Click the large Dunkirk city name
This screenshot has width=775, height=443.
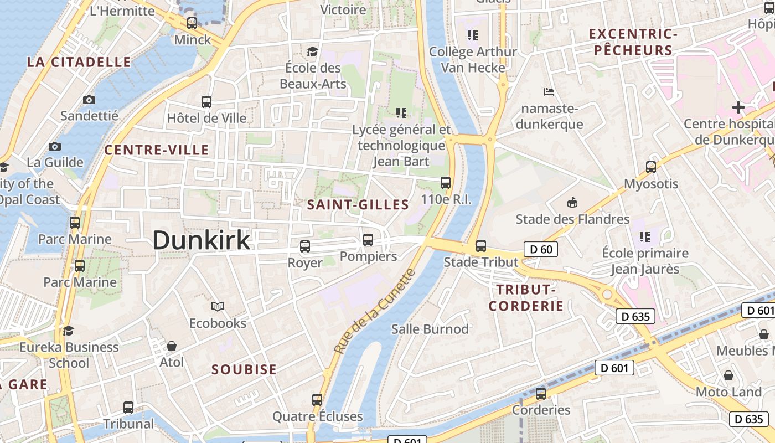click(201, 240)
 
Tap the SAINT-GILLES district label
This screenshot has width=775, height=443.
click(358, 205)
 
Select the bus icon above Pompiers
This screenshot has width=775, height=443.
click(368, 240)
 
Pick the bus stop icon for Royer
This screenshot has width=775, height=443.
click(305, 246)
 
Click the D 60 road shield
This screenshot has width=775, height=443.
click(541, 249)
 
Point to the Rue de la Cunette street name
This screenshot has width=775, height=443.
click(375, 311)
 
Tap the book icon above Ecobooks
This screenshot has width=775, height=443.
click(218, 306)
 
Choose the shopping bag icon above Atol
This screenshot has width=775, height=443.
click(172, 346)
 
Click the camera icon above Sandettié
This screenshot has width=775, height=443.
click(89, 100)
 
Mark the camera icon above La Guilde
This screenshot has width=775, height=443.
click(55, 146)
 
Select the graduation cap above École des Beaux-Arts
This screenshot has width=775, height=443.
click(313, 51)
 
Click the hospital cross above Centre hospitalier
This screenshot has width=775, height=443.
click(738, 107)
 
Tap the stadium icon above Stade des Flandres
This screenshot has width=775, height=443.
click(572, 203)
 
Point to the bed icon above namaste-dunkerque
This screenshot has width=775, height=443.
click(549, 91)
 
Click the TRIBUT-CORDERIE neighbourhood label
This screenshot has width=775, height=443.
click(526, 297)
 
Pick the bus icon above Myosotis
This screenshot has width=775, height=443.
click(651, 167)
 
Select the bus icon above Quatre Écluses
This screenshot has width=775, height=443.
click(317, 399)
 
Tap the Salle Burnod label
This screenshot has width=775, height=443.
click(430, 329)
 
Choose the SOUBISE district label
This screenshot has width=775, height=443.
click(244, 369)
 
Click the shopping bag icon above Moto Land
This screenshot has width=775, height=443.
click(728, 375)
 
